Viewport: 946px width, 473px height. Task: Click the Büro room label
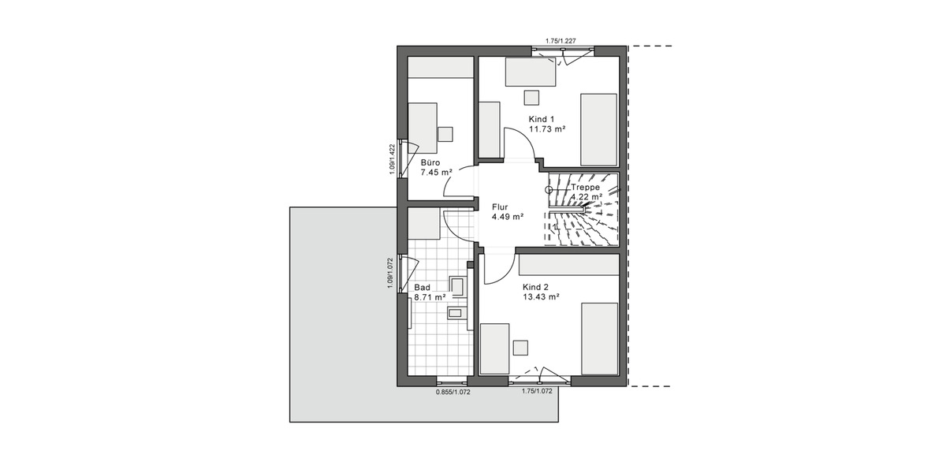430,162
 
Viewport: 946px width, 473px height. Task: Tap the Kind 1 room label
542,119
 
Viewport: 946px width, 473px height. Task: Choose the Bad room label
423,287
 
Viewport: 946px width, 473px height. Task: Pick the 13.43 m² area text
541,297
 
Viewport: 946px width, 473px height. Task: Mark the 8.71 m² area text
430,297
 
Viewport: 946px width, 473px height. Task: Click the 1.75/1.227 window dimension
561,40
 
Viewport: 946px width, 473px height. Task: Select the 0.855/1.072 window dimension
453,391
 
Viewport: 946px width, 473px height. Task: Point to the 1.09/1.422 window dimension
392,160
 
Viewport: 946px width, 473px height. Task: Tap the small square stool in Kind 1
531,96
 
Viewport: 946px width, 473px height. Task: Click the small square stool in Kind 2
520,348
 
